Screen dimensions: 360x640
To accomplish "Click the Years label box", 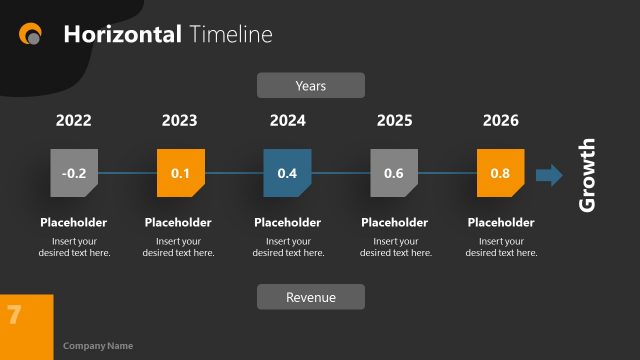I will (x=311, y=86).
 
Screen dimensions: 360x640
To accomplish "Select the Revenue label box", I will (x=311, y=297).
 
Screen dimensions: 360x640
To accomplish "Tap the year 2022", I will (x=74, y=121).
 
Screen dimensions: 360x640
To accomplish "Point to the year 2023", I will (x=180, y=121).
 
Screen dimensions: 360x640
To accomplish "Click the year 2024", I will (x=287, y=121).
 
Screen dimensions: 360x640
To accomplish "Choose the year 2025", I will (x=394, y=121).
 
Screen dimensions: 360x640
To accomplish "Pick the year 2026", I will (x=501, y=121).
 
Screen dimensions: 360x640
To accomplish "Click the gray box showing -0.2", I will (x=74, y=173).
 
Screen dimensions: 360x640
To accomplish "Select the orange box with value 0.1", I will (x=180, y=173).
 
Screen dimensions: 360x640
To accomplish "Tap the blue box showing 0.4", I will (x=287, y=173).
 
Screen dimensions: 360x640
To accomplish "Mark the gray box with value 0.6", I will (x=394, y=173).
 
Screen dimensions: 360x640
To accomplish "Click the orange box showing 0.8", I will (x=501, y=173).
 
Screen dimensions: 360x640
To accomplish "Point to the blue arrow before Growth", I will (x=549, y=174).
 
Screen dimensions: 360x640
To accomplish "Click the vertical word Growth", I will (x=587, y=175).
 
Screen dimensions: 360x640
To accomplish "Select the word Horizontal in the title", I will (x=122, y=35).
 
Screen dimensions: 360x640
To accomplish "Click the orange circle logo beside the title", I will (x=31, y=34).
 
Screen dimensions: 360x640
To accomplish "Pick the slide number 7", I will (x=14, y=314).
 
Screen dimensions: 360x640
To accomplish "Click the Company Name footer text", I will (x=98, y=346).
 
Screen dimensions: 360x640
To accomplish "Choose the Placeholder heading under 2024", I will (x=287, y=222).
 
